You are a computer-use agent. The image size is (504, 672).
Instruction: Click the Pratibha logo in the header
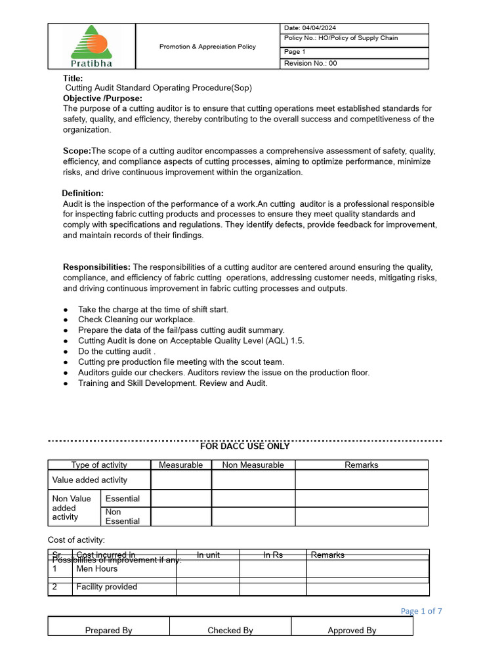tap(91, 46)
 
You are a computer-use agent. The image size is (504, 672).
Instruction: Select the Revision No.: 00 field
tap(310, 64)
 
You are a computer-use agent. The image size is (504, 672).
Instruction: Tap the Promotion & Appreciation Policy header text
tap(207, 47)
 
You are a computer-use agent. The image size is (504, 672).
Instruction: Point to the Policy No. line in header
tap(341, 39)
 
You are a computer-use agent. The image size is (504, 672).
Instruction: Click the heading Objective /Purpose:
tap(102, 98)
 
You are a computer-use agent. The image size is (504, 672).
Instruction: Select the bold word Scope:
tap(77, 151)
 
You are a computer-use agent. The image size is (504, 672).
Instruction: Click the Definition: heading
tap(83, 193)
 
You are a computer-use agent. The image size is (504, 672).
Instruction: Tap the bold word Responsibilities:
tap(96, 267)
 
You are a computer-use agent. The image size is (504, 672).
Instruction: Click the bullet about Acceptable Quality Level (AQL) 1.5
tap(191, 341)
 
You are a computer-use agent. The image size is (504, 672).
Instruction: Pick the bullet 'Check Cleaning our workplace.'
tap(136, 320)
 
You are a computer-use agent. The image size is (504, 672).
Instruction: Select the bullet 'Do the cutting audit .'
tap(116, 351)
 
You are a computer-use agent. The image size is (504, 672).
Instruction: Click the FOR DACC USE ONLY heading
tap(244, 446)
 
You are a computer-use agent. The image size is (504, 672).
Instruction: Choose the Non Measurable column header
tap(253, 465)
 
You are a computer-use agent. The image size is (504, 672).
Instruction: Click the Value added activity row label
tap(90, 480)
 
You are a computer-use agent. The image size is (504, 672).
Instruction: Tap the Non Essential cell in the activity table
tap(123, 516)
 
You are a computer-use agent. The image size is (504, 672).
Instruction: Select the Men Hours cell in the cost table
tap(97, 569)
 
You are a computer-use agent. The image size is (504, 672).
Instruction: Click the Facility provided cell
tap(106, 587)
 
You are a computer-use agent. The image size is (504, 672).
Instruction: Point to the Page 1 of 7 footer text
tap(421, 611)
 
